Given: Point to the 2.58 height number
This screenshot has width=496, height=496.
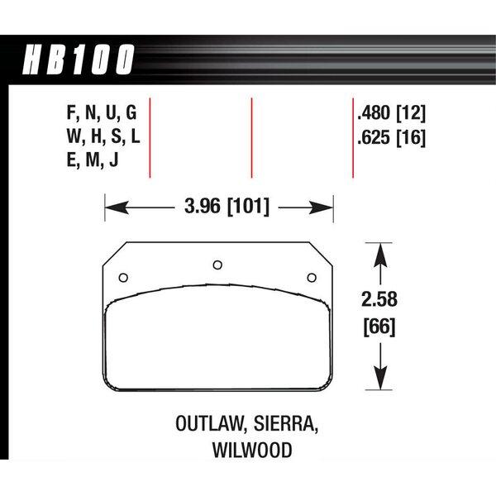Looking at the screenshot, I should point(379,302).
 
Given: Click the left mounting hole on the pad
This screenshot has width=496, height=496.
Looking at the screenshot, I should point(123,277).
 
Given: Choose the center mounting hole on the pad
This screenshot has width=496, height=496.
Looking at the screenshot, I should point(217,265).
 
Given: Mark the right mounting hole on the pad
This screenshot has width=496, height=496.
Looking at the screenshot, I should point(312,277).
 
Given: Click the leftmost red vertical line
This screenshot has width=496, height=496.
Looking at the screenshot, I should point(150,138).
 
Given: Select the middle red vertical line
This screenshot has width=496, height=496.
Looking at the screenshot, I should point(250,138).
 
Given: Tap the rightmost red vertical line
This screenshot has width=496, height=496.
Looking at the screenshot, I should point(353,138).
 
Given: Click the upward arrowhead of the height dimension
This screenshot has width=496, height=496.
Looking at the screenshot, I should point(379,250).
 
